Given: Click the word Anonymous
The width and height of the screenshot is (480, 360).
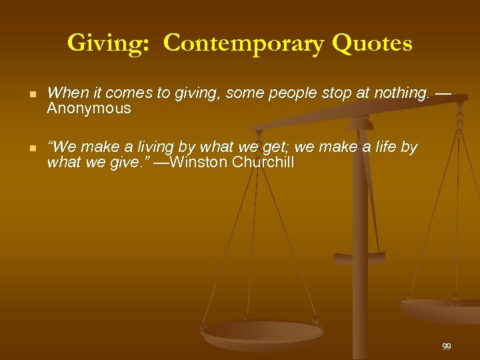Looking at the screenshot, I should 89,109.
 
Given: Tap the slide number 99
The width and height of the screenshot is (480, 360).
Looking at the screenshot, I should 446,346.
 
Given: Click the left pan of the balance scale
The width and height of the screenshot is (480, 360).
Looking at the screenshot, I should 262,333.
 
